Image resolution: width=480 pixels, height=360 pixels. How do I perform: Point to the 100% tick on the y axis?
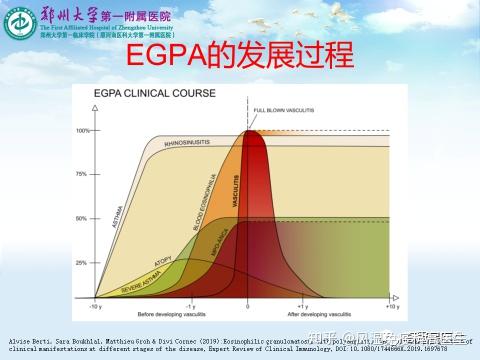click(83, 131)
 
